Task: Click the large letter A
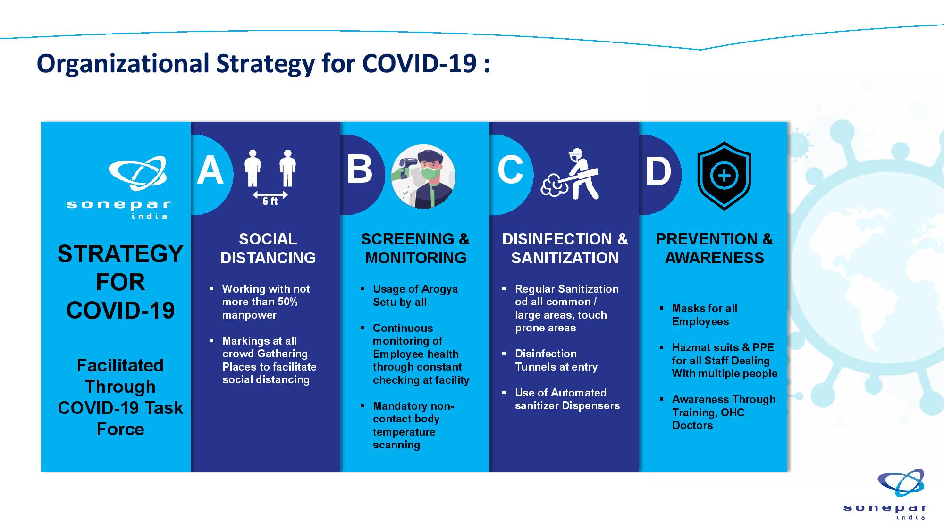(x=210, y=170)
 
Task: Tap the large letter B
(x=359, y=169)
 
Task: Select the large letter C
(x=510, y=169)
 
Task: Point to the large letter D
(x=658, y=171)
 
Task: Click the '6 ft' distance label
(x=270, y=201)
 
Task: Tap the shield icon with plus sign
(x=724, y=176)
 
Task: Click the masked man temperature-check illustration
(x=423, y=176)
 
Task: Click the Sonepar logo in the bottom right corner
(x=886, y=494)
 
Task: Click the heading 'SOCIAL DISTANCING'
(x=268, y=248)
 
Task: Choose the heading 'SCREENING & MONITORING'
(x=415, y=248)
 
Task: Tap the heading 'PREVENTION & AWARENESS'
(x=714, y=248)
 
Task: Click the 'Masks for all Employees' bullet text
(x=705, y=315)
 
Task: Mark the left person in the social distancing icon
(x=253, y=168)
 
